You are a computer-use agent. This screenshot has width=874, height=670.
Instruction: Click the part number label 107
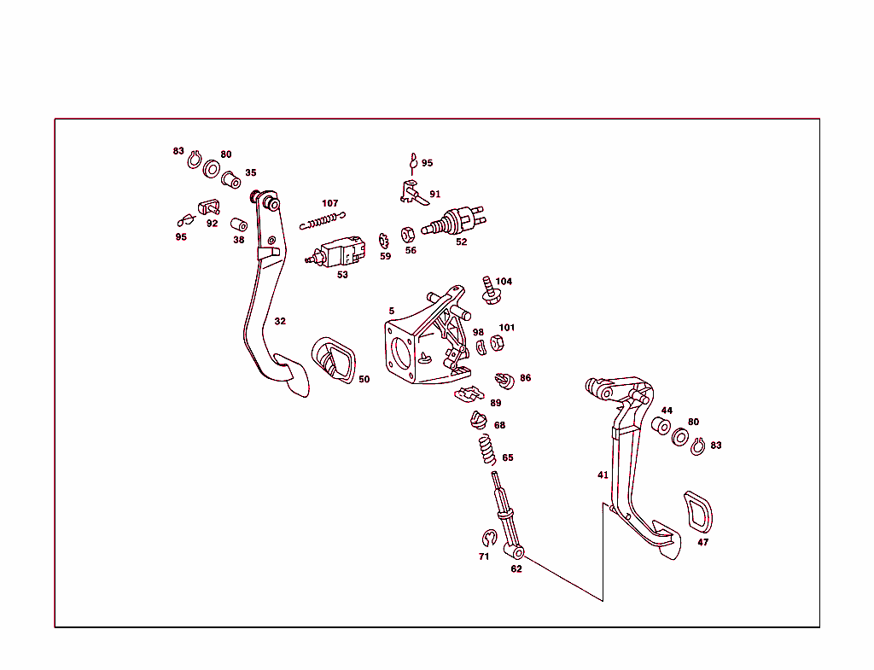[x=329, y=203]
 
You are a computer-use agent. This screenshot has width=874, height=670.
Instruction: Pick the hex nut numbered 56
[x=409, y=232]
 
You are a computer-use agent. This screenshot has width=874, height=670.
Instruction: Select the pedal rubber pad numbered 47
[x=698, y=513]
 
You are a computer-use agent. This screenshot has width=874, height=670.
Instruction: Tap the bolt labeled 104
[x=490, y=290]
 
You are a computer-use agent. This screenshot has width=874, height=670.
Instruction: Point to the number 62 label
[x=516, y=568]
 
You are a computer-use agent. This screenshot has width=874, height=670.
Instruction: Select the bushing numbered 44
[x=661, y=426]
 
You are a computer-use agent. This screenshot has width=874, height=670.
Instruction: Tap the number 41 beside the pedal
[x=603, y=475]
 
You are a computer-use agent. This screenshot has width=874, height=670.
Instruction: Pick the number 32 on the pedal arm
[x=280, y=321]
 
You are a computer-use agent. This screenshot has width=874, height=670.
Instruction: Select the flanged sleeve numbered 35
[x=230, y=180]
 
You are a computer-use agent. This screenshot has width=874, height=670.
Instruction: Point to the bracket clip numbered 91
[x=411, y=193]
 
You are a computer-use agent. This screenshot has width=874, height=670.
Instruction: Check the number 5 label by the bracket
[x=392, y=311]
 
